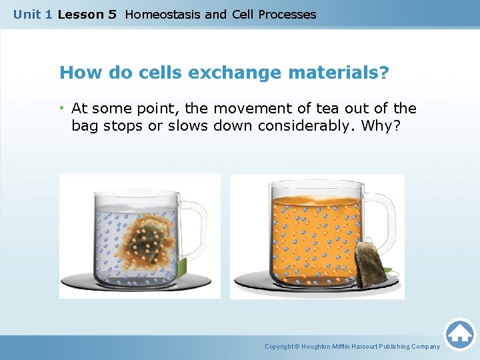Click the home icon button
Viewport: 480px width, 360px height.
pos(459,334)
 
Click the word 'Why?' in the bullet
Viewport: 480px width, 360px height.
pos(380,125)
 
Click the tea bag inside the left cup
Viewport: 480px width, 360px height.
pos(152,239)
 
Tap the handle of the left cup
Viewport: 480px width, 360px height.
pos(193,230)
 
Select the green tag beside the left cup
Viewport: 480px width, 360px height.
pos(182,269)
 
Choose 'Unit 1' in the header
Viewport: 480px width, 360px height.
pos(33,14)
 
